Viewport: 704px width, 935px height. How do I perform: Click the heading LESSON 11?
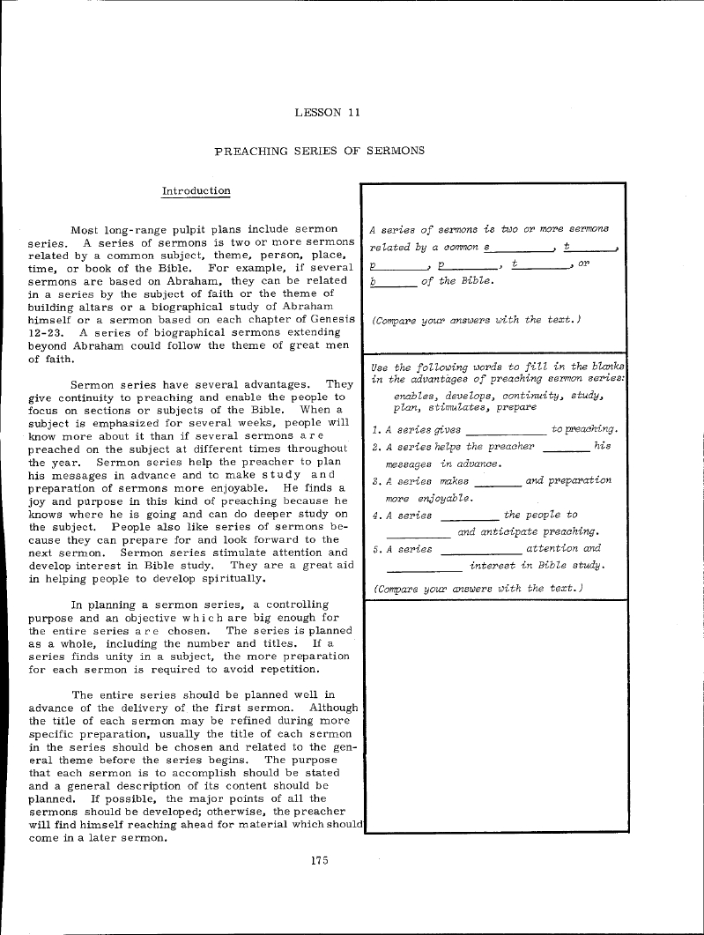[x=327, y=112]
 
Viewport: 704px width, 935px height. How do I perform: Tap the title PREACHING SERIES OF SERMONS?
[x=320, y=151]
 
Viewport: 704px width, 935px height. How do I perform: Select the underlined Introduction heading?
[x=196, y=190]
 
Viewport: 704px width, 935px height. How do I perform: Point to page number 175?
[x=319, y=860]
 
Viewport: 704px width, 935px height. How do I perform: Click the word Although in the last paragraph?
[x=334, y=707]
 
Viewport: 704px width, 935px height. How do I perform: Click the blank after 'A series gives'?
[x=505, y=431]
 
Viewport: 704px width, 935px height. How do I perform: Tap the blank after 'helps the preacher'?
[x=566, y=448]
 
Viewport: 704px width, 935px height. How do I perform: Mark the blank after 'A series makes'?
[x=498, y=483]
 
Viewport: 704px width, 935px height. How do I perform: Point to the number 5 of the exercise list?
[x=376, y=548]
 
